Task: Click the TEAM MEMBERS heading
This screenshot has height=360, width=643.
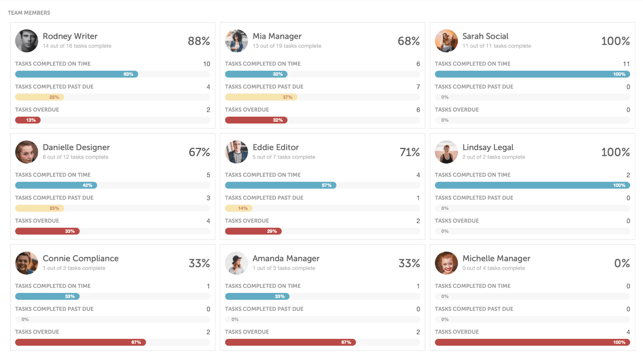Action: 29,13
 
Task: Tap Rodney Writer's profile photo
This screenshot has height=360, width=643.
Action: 27,41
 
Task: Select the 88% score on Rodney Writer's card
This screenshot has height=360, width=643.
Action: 199,41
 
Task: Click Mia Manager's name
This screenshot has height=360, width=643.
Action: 277,36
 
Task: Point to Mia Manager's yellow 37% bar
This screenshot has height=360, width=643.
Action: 261,97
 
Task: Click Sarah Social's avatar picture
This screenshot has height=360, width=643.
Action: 446,41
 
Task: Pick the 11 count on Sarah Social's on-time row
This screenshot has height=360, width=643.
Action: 626,64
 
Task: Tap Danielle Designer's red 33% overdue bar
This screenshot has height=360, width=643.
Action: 47,231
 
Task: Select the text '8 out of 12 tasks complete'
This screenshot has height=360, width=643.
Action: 76,157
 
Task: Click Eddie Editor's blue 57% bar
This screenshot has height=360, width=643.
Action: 281,186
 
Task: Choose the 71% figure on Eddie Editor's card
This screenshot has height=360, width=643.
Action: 409,152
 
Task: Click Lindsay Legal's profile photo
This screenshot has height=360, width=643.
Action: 446,152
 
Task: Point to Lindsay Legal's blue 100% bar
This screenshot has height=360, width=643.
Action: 532,186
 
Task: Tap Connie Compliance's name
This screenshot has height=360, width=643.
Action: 80,258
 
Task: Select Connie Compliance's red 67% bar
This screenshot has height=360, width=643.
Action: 80,343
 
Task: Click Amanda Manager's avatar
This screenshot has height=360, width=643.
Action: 236,263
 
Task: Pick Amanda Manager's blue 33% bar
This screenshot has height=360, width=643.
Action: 257,297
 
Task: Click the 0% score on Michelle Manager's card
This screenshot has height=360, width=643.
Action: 621,263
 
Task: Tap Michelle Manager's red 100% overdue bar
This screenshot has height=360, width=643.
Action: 532,343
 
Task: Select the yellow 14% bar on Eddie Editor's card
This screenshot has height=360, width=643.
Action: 239,209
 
